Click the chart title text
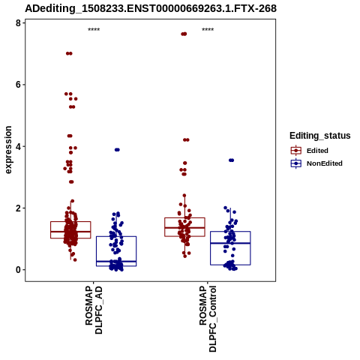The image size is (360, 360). click(x=151, y=8)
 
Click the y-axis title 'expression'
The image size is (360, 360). click(x=8, y=150)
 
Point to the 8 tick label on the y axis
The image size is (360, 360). click(x=18, y=23)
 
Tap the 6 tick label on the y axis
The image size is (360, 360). click(x=18, y=85)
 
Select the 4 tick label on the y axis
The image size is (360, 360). click(x=18, y=146)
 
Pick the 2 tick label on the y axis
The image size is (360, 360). click(x=18, y=208)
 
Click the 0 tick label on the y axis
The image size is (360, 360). click(x=18, y=270)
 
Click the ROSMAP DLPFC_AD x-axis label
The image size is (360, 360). click(x=94, y=310)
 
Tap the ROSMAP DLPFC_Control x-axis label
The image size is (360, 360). click(x=208, y=319)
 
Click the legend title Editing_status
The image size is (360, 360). click(x=320, y=136)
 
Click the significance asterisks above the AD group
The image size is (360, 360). click(x=94, y=30)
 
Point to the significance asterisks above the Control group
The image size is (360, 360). click(x=208, y=30)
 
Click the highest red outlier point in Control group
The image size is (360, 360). click(x=184, y=34)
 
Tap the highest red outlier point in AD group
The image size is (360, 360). click(x=69, y=53)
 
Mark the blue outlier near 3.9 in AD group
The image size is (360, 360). click(x=117, y=150)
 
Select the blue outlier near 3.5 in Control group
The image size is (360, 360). click(x=231, y=160)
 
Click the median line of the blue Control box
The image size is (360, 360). click(x=230, y=243)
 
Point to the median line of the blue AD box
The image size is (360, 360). click(x=116, y=261)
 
